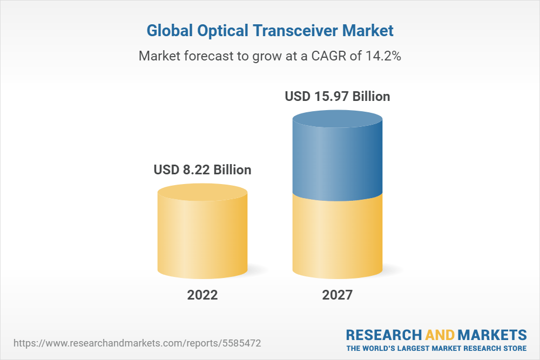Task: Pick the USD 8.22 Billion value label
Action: (x=202, y=169)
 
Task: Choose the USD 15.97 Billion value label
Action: (x=337, y=97)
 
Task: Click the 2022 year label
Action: (x=202, y=295)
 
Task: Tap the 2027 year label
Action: (x=337, y=295)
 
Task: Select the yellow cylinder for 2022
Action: (x=202, y=237)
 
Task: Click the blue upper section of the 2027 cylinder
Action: (x=337, y=162)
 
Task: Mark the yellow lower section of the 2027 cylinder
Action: (x=337, y=237)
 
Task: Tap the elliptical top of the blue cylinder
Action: (x=337, y=120)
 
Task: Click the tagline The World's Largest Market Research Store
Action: (x=436, y=348)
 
